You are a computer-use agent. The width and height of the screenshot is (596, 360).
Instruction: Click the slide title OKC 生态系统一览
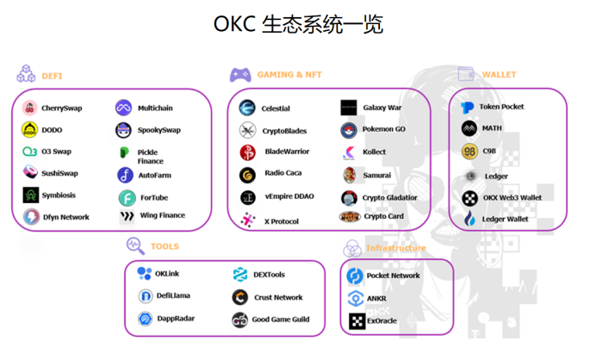298,23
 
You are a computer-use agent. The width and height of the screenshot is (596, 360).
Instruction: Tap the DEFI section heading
52,76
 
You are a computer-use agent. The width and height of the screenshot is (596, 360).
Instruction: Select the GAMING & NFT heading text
289,75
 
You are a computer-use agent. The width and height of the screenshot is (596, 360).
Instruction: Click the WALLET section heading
499,75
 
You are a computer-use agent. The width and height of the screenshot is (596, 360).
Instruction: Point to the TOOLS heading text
165,246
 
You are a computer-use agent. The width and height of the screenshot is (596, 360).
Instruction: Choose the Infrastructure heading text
395,248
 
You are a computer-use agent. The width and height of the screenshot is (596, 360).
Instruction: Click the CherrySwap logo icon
30,109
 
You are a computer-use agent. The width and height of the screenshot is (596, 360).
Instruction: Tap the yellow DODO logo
30,130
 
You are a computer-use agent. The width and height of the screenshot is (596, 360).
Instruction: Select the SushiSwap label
59,173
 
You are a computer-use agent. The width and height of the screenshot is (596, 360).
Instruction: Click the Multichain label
155,109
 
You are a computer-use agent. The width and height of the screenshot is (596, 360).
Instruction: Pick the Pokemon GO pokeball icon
349,129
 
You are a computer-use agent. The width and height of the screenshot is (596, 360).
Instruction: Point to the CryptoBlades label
284,131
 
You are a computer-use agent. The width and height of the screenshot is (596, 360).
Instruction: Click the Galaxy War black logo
349,108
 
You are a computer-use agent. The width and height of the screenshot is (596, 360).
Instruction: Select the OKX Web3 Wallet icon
469,198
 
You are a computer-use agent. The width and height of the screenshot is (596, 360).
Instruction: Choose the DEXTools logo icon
240,275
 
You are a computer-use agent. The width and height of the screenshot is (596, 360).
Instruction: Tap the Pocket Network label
393,276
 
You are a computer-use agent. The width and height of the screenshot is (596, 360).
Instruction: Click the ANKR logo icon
355,299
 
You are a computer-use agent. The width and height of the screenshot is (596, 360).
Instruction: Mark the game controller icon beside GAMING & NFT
240,75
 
